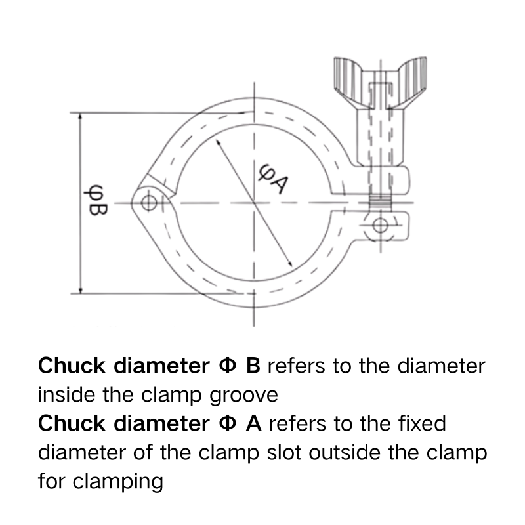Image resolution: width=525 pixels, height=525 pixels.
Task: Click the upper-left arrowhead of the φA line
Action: pos(217,141)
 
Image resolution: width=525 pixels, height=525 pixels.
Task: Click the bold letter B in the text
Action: pos(253,366)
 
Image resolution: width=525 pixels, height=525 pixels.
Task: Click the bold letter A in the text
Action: pos(253,423)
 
